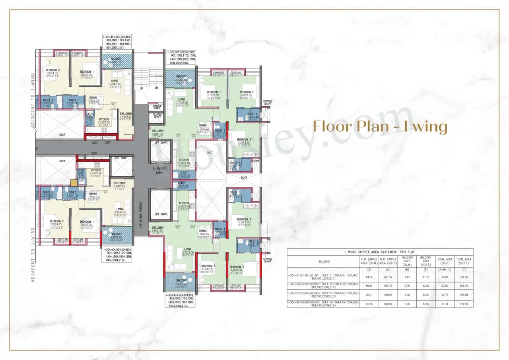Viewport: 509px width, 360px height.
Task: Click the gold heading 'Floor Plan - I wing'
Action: click(x=380, y=126)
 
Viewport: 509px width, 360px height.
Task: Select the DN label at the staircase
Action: click(x=156, y=88)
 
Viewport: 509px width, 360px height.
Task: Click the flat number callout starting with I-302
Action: click(x=182, y=57)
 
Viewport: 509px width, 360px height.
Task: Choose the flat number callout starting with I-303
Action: click(x=180, y=301)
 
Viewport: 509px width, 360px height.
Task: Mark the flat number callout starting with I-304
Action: click(x=117, y=255)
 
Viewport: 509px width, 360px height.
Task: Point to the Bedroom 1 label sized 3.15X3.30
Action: click(x=213, y=93)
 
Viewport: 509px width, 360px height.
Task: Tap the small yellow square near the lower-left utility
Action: click(x=73, y=183)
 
